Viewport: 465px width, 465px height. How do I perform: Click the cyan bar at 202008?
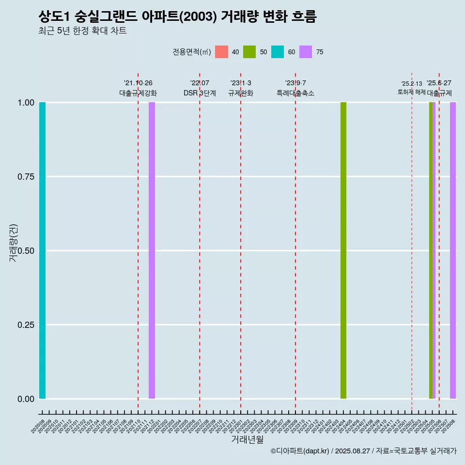pyautogui.click(x=42, y=250)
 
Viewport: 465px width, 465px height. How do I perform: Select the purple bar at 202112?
pyautogui.click(x=152, y=250)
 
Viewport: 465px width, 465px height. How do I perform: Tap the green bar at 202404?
pyautogui.click(x=343, y=250)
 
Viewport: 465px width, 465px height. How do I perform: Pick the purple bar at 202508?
pyautogui.click(x=453, y=250)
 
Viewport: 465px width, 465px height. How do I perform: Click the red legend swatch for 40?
pyautogui.click(x=221, y=52)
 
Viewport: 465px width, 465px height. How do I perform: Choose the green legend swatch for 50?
pyautogui.click(x=249, y=52)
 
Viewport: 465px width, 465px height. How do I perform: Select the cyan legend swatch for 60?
pyautogui.click(x=278, y=52)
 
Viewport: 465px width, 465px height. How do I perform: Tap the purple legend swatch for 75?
pyautogui.click(x=306, y=52)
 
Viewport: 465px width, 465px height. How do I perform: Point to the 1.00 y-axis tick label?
pyautogui.click(x=26, y=103)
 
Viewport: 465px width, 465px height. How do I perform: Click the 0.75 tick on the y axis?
pyautogui.click(x=26, y=177)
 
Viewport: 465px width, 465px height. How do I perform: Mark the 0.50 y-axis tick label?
pyautogui.click(x=26, y=251)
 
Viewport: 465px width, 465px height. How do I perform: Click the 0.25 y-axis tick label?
pyautogui.click(x=26, y=325)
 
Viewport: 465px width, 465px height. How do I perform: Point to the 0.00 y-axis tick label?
pyautogui.click(x=26, y=399)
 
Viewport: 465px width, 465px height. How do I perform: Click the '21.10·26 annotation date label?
pyautogui.click(x=138, y=83)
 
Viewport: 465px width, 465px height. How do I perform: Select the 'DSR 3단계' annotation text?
pyautogui.click(x=200, y=93)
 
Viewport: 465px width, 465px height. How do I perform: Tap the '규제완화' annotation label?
pyautogui.click(x=241, y=93)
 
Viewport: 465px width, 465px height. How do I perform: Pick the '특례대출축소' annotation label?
pyautogui.click(x=295, y=93)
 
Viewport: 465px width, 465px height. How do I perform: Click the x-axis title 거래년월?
pyautogui.click(x=248, y=439)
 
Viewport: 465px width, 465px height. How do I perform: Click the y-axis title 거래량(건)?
pyautogui.click(x=14, y=243)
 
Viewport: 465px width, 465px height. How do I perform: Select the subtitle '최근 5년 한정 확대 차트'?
pyautogui.click(x=82, y=31)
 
